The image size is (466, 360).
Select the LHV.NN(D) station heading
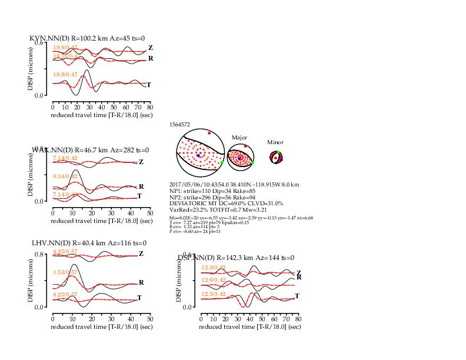coord(51,243)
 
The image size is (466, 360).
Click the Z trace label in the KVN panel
coord(151,48)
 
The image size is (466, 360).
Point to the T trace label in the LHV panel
coord(139,298)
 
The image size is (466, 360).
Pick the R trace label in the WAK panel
coord(141,186)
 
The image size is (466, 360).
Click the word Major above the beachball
coord(239,137)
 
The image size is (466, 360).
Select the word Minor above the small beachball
coord(275,142)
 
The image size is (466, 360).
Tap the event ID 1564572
coord(179,125)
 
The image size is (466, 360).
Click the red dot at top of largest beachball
coord(209,133)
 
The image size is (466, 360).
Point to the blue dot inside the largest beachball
coord(199,155)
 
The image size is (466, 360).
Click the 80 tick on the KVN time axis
coord(150,107)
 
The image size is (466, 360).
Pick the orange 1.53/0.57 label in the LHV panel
coord(65,273)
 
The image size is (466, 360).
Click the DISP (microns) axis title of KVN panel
coord(31,69)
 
